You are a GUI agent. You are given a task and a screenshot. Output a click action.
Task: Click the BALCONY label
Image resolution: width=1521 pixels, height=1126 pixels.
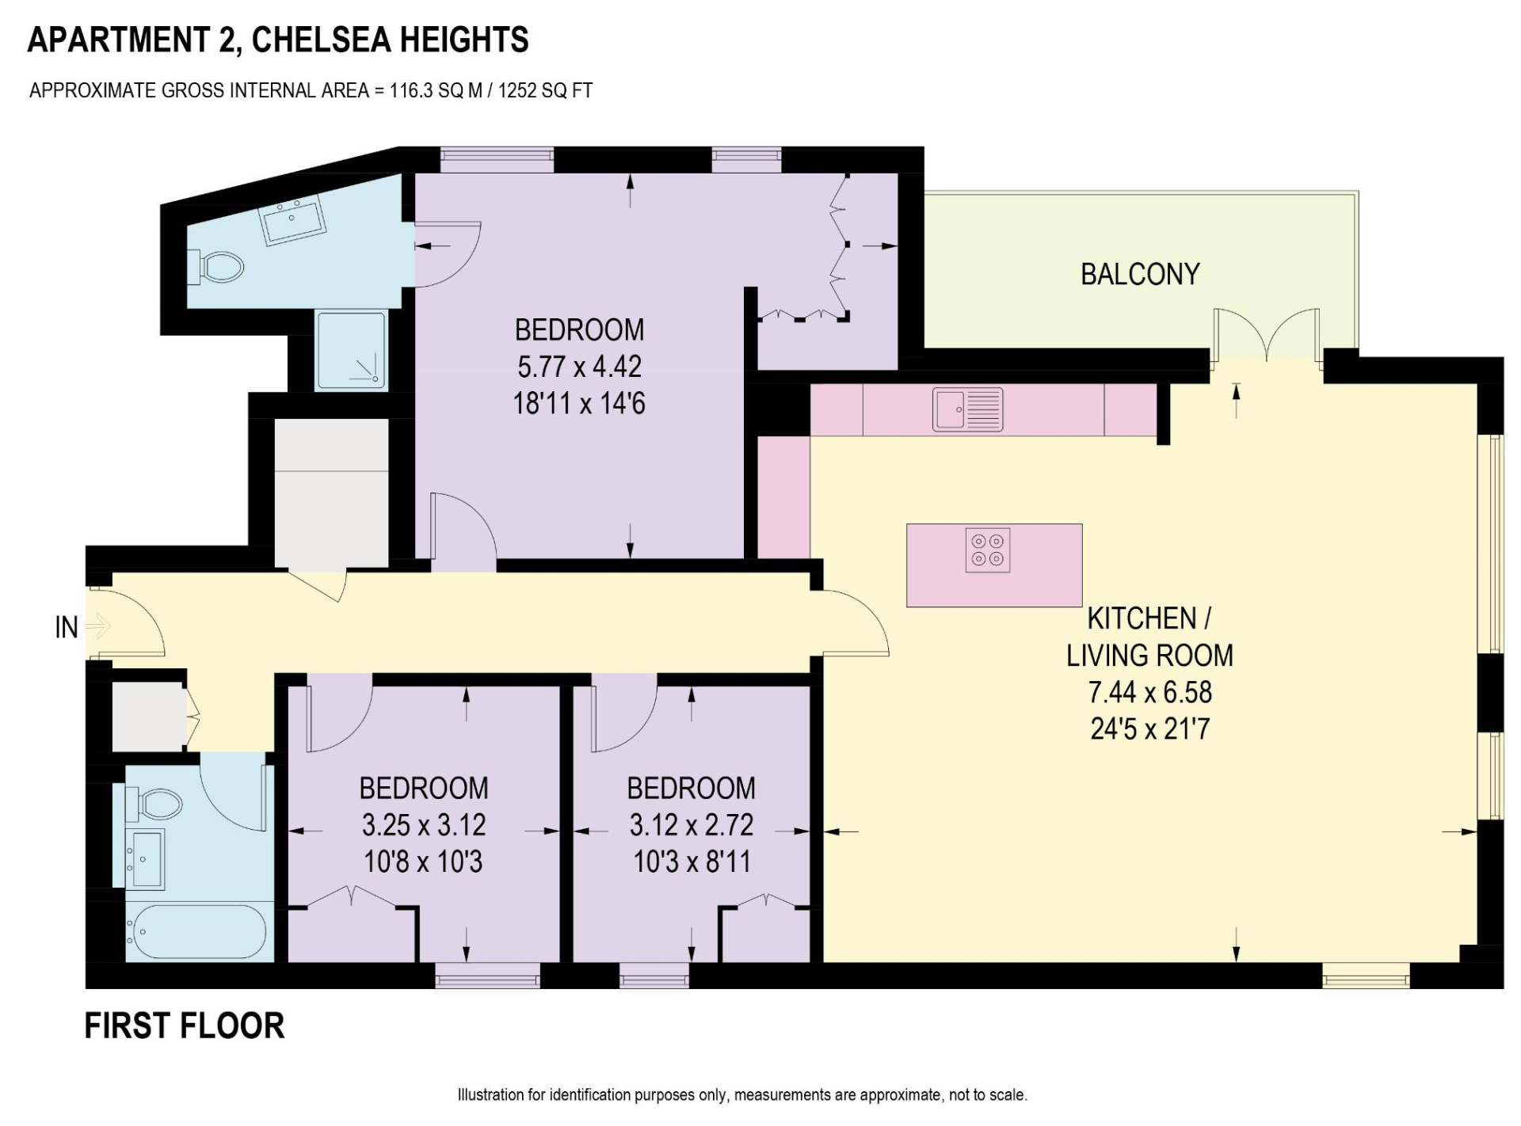click(1140, 274)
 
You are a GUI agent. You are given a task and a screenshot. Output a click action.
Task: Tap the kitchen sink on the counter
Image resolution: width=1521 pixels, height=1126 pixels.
click(967, 409)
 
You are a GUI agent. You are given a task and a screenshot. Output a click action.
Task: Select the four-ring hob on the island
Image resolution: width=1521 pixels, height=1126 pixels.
click(988, 550)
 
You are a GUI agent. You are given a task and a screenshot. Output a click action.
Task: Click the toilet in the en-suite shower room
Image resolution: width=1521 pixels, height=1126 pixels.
click(215, 267)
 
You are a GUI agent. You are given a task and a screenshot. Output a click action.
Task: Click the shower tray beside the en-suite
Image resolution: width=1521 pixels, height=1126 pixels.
click(352, 351)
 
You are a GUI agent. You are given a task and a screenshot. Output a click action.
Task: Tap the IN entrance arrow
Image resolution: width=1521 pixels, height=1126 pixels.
click(97, 627)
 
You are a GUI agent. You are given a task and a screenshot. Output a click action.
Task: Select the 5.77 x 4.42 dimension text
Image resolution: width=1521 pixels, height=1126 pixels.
click(579, 367)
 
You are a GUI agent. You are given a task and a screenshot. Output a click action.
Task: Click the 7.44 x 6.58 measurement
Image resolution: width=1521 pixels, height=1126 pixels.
click(1149, 692)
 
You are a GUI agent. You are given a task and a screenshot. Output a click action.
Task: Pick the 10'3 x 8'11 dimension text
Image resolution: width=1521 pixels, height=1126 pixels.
click(692, 862)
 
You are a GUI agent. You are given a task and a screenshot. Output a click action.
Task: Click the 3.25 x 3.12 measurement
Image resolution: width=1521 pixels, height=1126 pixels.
click(424, 825)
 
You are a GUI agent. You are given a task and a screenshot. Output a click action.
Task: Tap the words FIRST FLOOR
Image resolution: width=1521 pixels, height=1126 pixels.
click(185, 1025)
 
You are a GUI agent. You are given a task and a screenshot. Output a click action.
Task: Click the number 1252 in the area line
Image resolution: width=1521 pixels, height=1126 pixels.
click(517, 90)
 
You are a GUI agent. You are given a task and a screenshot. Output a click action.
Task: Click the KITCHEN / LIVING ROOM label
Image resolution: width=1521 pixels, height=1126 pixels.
click(1149, 637)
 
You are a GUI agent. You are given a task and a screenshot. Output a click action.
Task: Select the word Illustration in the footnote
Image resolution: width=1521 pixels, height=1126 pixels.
click(491, 1095)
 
